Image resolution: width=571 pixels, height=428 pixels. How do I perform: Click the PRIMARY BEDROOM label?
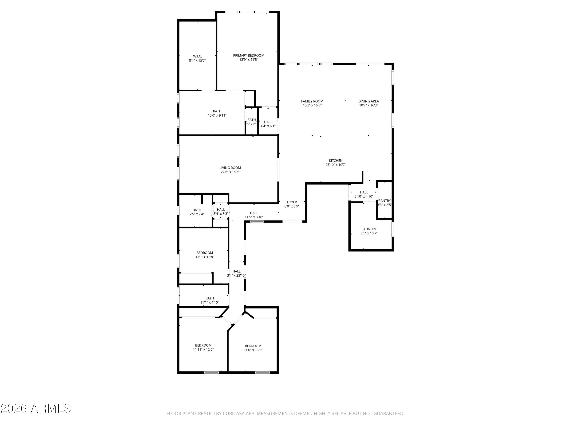coord(249,56)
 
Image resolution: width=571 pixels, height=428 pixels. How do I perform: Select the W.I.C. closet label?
coord(198,56)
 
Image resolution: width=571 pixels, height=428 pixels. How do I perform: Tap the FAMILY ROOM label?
coord(312,101)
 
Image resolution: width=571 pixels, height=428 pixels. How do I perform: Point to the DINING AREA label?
coord(368,101)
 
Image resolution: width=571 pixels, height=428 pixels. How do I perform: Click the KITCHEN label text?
coord(336,161)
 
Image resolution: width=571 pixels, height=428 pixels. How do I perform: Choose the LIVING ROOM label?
coord(230,168)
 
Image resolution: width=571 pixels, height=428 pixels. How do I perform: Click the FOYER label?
coord(292,202)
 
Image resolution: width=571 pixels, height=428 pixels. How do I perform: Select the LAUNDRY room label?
coord(369,229)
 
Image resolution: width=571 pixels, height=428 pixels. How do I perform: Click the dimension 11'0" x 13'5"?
coord(253,350)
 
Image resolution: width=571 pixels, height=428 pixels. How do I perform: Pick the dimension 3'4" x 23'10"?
coord(236,275)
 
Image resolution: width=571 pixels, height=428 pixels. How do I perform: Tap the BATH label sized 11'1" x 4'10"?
coord(210,298)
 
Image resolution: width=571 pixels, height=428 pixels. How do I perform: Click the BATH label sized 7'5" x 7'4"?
coord(197,210)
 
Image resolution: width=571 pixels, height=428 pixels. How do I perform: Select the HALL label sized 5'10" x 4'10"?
coord(364,192)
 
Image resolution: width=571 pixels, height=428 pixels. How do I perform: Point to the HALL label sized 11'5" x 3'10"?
coord(254,213)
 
